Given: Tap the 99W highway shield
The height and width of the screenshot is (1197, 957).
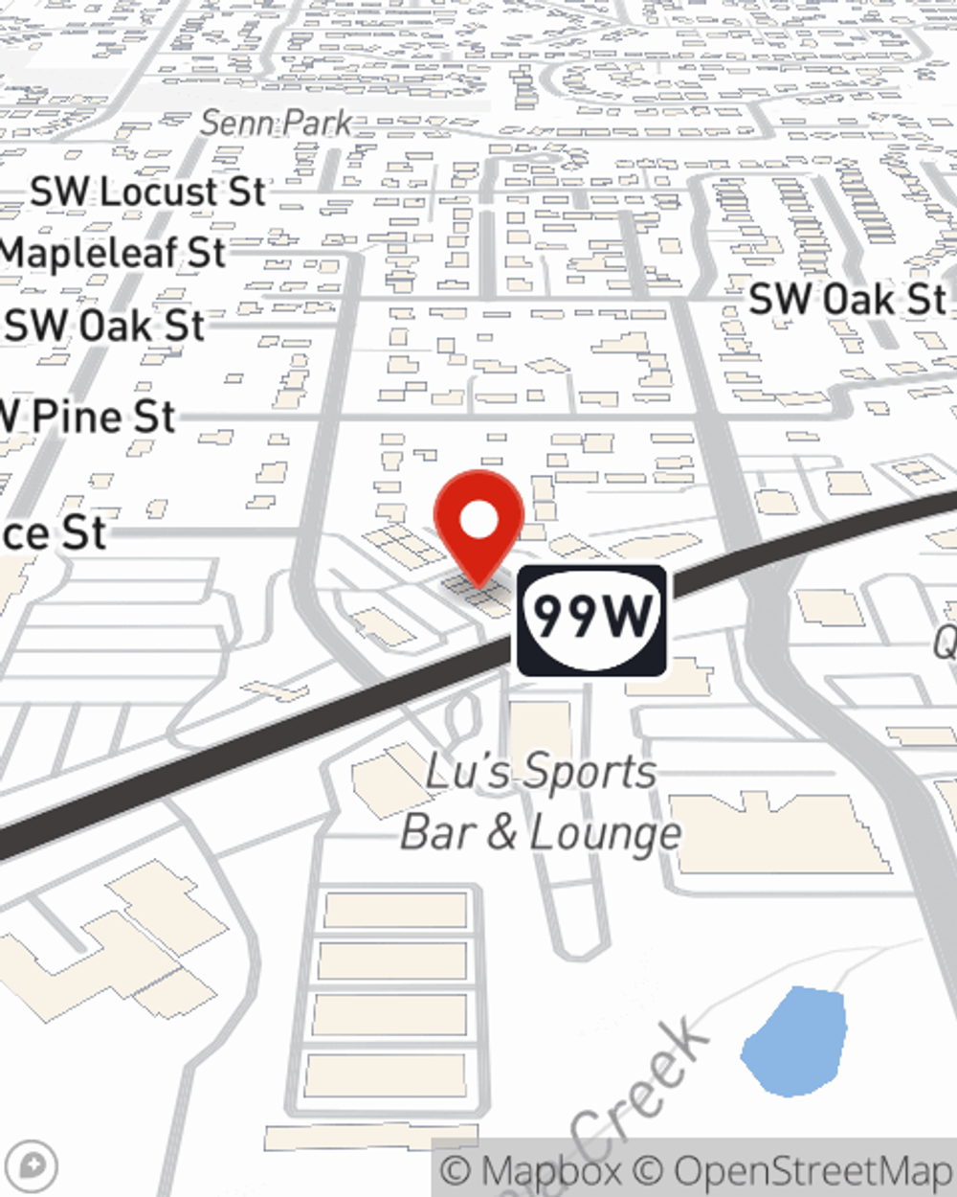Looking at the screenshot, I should (591, 620).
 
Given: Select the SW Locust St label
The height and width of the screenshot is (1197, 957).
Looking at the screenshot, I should (147, 192).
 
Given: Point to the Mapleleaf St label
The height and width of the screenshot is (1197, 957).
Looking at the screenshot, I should (113, 254).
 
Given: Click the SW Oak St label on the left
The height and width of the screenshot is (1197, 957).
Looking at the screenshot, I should (105, 326).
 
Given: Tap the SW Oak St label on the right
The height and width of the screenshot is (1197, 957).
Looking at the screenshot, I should (847, 300).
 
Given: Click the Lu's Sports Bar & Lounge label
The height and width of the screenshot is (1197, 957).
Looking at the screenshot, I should (541, 802).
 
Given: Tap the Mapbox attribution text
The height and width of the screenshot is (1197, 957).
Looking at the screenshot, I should (531, 1171).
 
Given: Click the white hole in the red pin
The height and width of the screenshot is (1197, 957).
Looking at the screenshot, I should (478, 521).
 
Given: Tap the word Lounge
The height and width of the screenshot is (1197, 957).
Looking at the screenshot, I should (605, 833).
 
